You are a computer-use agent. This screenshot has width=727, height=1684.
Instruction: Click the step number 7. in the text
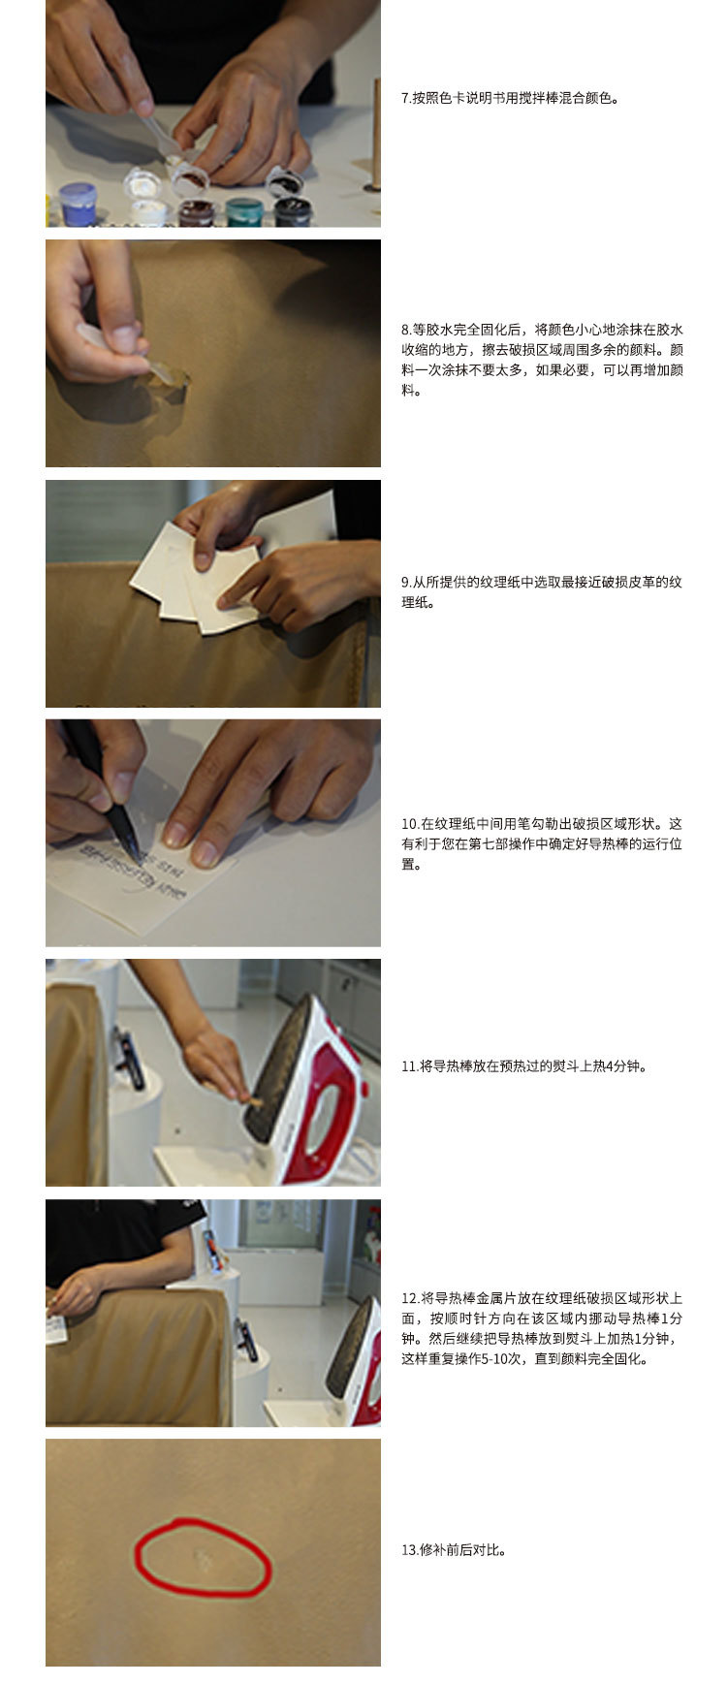tap(406, 98)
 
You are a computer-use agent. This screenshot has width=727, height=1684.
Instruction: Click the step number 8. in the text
tap(406, 330)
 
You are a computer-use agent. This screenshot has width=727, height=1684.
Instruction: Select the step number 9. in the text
tap(406, 583)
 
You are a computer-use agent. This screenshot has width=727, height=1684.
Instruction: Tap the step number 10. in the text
tap(410, 824)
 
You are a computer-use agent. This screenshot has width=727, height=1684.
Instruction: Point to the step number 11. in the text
tap(409, 1066)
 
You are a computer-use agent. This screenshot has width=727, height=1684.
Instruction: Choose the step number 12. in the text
tap(410, 1298)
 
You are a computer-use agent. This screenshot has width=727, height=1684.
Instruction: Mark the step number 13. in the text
tap(410, 1550)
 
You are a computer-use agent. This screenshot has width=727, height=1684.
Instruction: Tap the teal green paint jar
tap(244, 211)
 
